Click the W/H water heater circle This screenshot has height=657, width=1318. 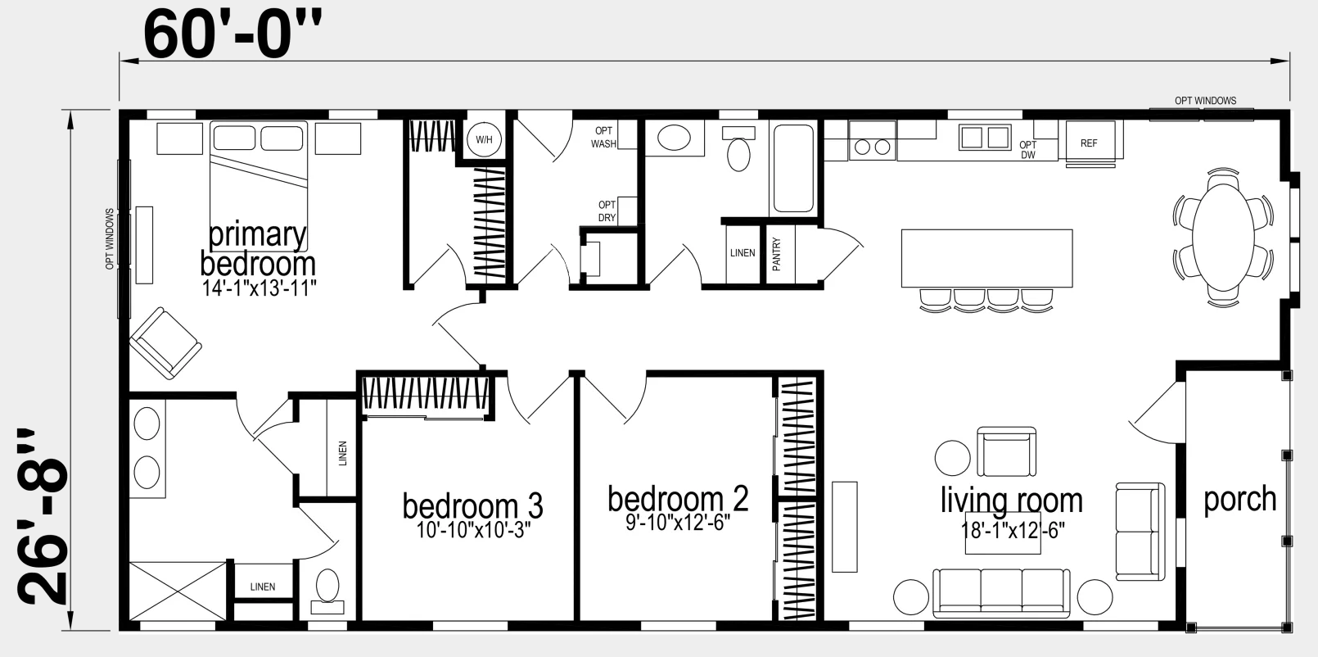click(x=484, y=139)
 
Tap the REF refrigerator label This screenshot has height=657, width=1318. click(x=1089, y=143)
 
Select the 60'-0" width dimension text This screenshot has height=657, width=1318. click(x=233, y=35)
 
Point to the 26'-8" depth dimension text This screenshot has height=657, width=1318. click(x=43, y=517)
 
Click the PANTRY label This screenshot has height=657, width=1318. click(x=776, y=254)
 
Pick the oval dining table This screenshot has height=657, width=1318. click(x=1223, y=238)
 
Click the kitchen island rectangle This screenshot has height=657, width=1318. click(x=986, y=258)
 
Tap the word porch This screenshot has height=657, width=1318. click(x=1239, y=500)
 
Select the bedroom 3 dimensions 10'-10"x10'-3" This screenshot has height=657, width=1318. click(x=474, y=530)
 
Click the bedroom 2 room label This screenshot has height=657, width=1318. click(x=678, y=499)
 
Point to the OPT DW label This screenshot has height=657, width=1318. click(x=1028, y=150)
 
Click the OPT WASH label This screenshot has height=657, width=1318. click(x=603, y=137)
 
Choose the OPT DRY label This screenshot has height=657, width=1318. click(x=607, y=211)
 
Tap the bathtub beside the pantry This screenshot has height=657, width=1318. click(x=793, y=169)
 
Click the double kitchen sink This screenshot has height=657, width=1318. click(x=985, y=137)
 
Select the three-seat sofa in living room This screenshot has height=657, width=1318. click(x=1001, y=593)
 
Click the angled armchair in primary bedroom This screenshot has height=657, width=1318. click(x=165, y=343)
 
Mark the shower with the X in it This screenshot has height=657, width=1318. click(x=177, y=591)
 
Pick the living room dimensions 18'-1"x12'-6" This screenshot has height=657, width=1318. click(x=1013, y=531)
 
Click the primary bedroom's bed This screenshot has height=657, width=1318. click(x=259, y=186)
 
